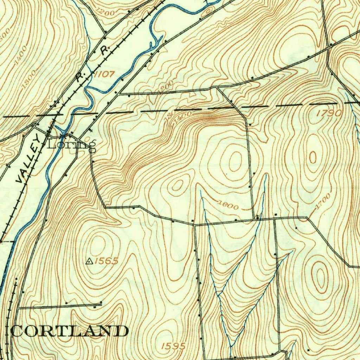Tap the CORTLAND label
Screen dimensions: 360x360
(x=69, y=331)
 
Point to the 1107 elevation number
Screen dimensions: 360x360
(x=104, y=74)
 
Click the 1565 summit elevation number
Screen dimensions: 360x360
(x=106, y=261)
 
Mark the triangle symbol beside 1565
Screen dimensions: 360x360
(x=89, y=261)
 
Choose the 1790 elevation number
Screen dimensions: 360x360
(x=329, y=113)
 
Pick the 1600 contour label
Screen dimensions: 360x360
(x=227, y=205)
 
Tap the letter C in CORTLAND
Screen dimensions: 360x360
(x=18, y=331)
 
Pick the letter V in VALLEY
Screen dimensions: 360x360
(x=21, y=179)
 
